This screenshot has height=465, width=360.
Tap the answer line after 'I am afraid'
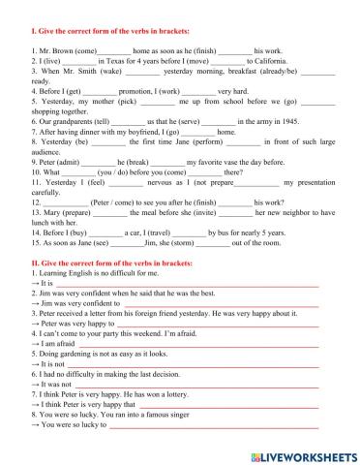tap(194, 345)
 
